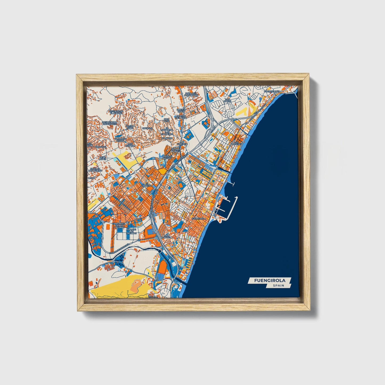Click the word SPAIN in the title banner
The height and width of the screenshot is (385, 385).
coord(278,286)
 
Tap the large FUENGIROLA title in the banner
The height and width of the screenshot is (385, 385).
coord(270,280)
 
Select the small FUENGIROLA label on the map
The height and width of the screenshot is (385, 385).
coord(199,218)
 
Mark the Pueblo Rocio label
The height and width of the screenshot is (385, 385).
coord(181,110)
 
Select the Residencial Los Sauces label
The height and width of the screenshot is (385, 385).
coord(110,123)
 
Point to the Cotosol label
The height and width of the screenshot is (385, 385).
coord(147,128)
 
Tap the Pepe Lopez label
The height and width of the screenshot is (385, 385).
coord(103,158)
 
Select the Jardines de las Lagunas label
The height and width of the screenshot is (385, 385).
coord(119,225)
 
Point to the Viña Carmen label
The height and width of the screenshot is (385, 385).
coord(168,236)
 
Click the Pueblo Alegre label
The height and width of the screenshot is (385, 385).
coord(167,157)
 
